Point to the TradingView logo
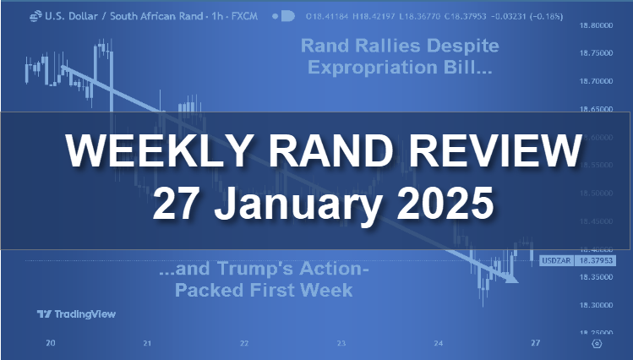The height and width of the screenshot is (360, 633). point(75,314)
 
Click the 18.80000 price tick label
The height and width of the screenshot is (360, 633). point(598,26)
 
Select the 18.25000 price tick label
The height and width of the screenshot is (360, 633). point(598,333)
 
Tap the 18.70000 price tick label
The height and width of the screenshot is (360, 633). point(598,82)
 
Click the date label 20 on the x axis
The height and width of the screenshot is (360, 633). point(52,343)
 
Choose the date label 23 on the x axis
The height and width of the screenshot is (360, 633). point(341,343)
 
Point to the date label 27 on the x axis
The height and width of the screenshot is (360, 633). point(533,343)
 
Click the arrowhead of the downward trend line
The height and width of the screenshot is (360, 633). point(510,279)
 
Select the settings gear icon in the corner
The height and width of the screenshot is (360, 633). point(598,344)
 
